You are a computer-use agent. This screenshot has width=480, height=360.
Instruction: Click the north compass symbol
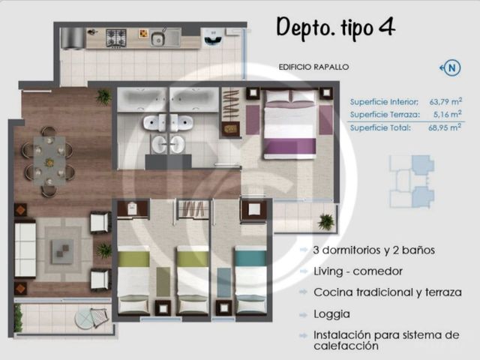tap(451, 67)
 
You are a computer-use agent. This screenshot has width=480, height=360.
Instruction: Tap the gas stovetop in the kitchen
tap(116, 38)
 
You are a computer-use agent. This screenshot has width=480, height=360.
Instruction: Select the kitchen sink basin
tap(157, 39)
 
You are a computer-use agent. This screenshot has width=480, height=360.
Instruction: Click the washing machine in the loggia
tap(213, 37)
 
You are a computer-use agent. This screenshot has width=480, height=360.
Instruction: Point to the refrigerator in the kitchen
tap(72, 38)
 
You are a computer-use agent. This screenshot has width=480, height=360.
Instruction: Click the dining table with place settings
tap(49, 160)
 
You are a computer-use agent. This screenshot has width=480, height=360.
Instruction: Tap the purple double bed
tap(290, 124)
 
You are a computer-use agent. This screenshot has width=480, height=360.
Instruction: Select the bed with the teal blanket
tap(250, 280)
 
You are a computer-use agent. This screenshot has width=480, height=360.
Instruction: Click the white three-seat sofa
tap(25, 250)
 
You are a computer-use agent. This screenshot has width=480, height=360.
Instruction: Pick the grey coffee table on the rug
tap(62, 251)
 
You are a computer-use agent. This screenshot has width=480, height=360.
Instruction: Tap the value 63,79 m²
tap(445, 102)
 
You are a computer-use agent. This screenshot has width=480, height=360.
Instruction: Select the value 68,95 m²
tap(445, 127)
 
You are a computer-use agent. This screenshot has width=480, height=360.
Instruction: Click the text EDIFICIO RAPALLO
tap(313, 67)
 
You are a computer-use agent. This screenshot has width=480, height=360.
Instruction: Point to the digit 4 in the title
tap(387, 27)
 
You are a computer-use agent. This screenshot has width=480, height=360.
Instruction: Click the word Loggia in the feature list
tap(331, 314)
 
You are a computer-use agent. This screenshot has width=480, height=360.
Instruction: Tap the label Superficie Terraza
tap(385, 115)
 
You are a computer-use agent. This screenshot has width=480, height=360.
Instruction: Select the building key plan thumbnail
tap(412, 181)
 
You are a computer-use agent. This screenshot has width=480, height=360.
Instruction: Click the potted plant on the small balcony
tap(325, 222)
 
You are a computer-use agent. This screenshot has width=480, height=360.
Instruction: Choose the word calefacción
tap(346, 346)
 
